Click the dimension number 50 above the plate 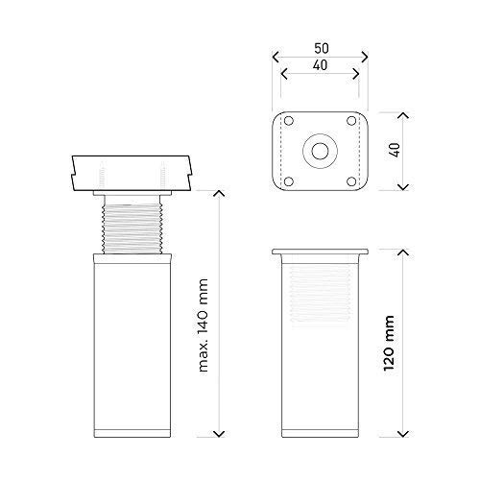(322, 48)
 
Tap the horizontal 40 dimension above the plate (320, 65)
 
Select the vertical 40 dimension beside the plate (396, 150)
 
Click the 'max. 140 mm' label (204, 325)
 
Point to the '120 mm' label (389, 343)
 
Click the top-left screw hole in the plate (289, 121)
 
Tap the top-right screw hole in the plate (351, 121)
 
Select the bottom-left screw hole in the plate (289, 181)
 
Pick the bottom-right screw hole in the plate (351, 181)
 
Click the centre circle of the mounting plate (320, 151)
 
